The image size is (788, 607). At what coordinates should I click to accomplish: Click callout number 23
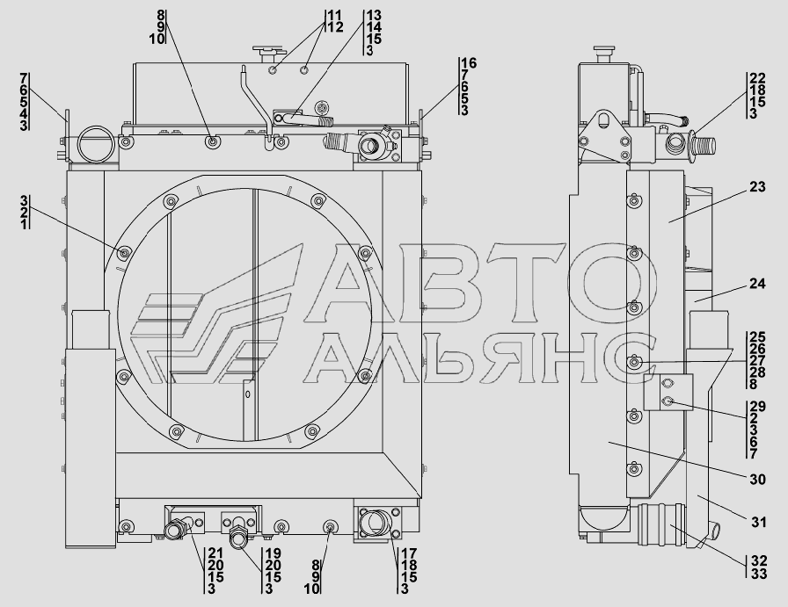757,187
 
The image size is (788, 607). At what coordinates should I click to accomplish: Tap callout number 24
757,284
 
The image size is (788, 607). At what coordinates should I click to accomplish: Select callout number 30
757,480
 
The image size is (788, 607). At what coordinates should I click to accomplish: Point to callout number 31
759,522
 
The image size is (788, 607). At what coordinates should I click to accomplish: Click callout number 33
759,573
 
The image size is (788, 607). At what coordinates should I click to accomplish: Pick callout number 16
469,63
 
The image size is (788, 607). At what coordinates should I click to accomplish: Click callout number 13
374,15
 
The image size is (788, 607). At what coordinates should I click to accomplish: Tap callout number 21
215,553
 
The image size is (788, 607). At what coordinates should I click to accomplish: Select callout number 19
273,553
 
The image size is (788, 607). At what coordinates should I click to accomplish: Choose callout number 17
409,553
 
